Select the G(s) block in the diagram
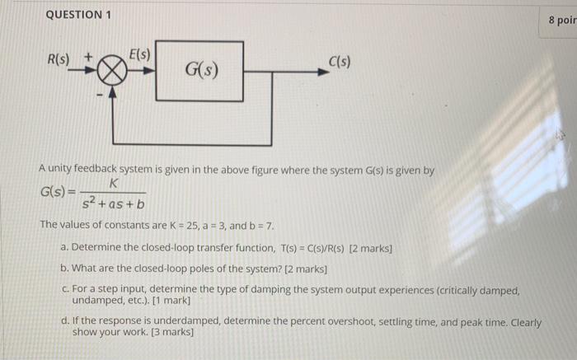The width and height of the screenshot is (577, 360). pyautogui.click(x=200, y=70)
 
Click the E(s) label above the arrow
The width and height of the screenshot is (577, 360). pyautogui.click(x=139, y=54)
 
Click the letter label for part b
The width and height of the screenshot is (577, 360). pyautogui.click(x=65, y=269)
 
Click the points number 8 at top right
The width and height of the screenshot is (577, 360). pyautogui.click(x=553, y=21)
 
